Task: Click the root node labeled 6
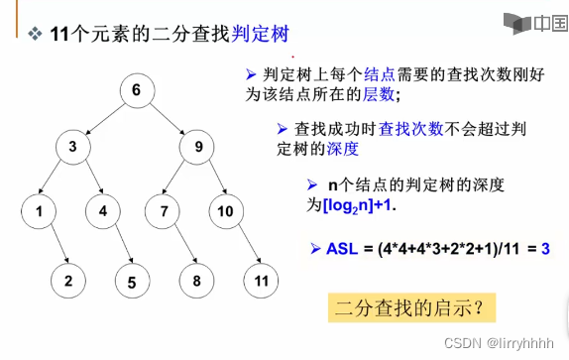point(138,91)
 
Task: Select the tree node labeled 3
point(72,148)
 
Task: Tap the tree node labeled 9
point(198,148)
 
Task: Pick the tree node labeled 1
point(39,210)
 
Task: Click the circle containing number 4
point(103,210)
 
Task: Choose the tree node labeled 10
point(227,210)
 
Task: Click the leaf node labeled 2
point(68,281)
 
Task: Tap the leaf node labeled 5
point(132,282)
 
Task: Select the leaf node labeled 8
point(196,281)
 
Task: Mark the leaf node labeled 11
point(260,281)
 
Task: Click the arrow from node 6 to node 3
point(105,119)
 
